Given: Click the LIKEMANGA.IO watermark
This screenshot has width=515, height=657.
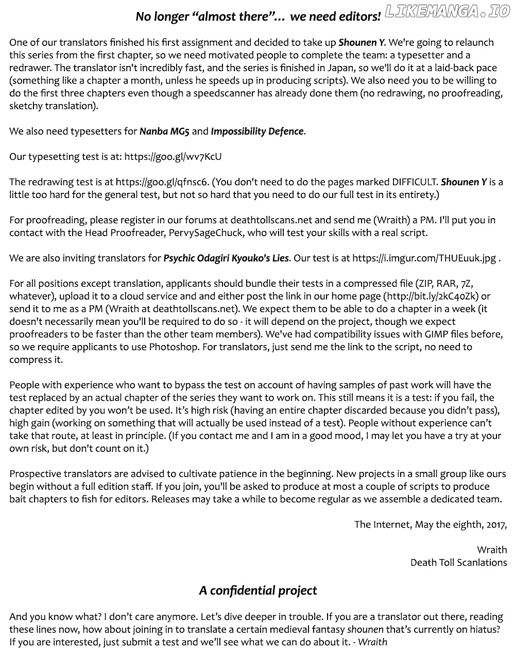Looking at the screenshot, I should (447, 12).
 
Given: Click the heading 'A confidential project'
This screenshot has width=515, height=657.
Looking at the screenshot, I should (258, 590).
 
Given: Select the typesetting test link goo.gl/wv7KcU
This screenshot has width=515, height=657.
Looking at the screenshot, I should (173, 157).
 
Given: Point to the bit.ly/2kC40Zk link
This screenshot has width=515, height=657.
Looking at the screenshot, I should (431, 296).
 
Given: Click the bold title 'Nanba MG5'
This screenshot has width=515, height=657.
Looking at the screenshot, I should (164, 132).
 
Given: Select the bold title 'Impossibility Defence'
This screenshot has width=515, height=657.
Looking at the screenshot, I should (257, 132).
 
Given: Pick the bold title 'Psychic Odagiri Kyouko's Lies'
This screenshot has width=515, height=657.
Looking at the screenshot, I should (226, 258).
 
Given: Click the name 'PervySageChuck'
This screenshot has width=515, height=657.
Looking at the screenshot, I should (205, 233).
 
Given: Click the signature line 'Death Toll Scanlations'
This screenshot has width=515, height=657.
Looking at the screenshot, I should (458, 563).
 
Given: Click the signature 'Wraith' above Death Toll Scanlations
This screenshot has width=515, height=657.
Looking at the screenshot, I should (492, 550).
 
